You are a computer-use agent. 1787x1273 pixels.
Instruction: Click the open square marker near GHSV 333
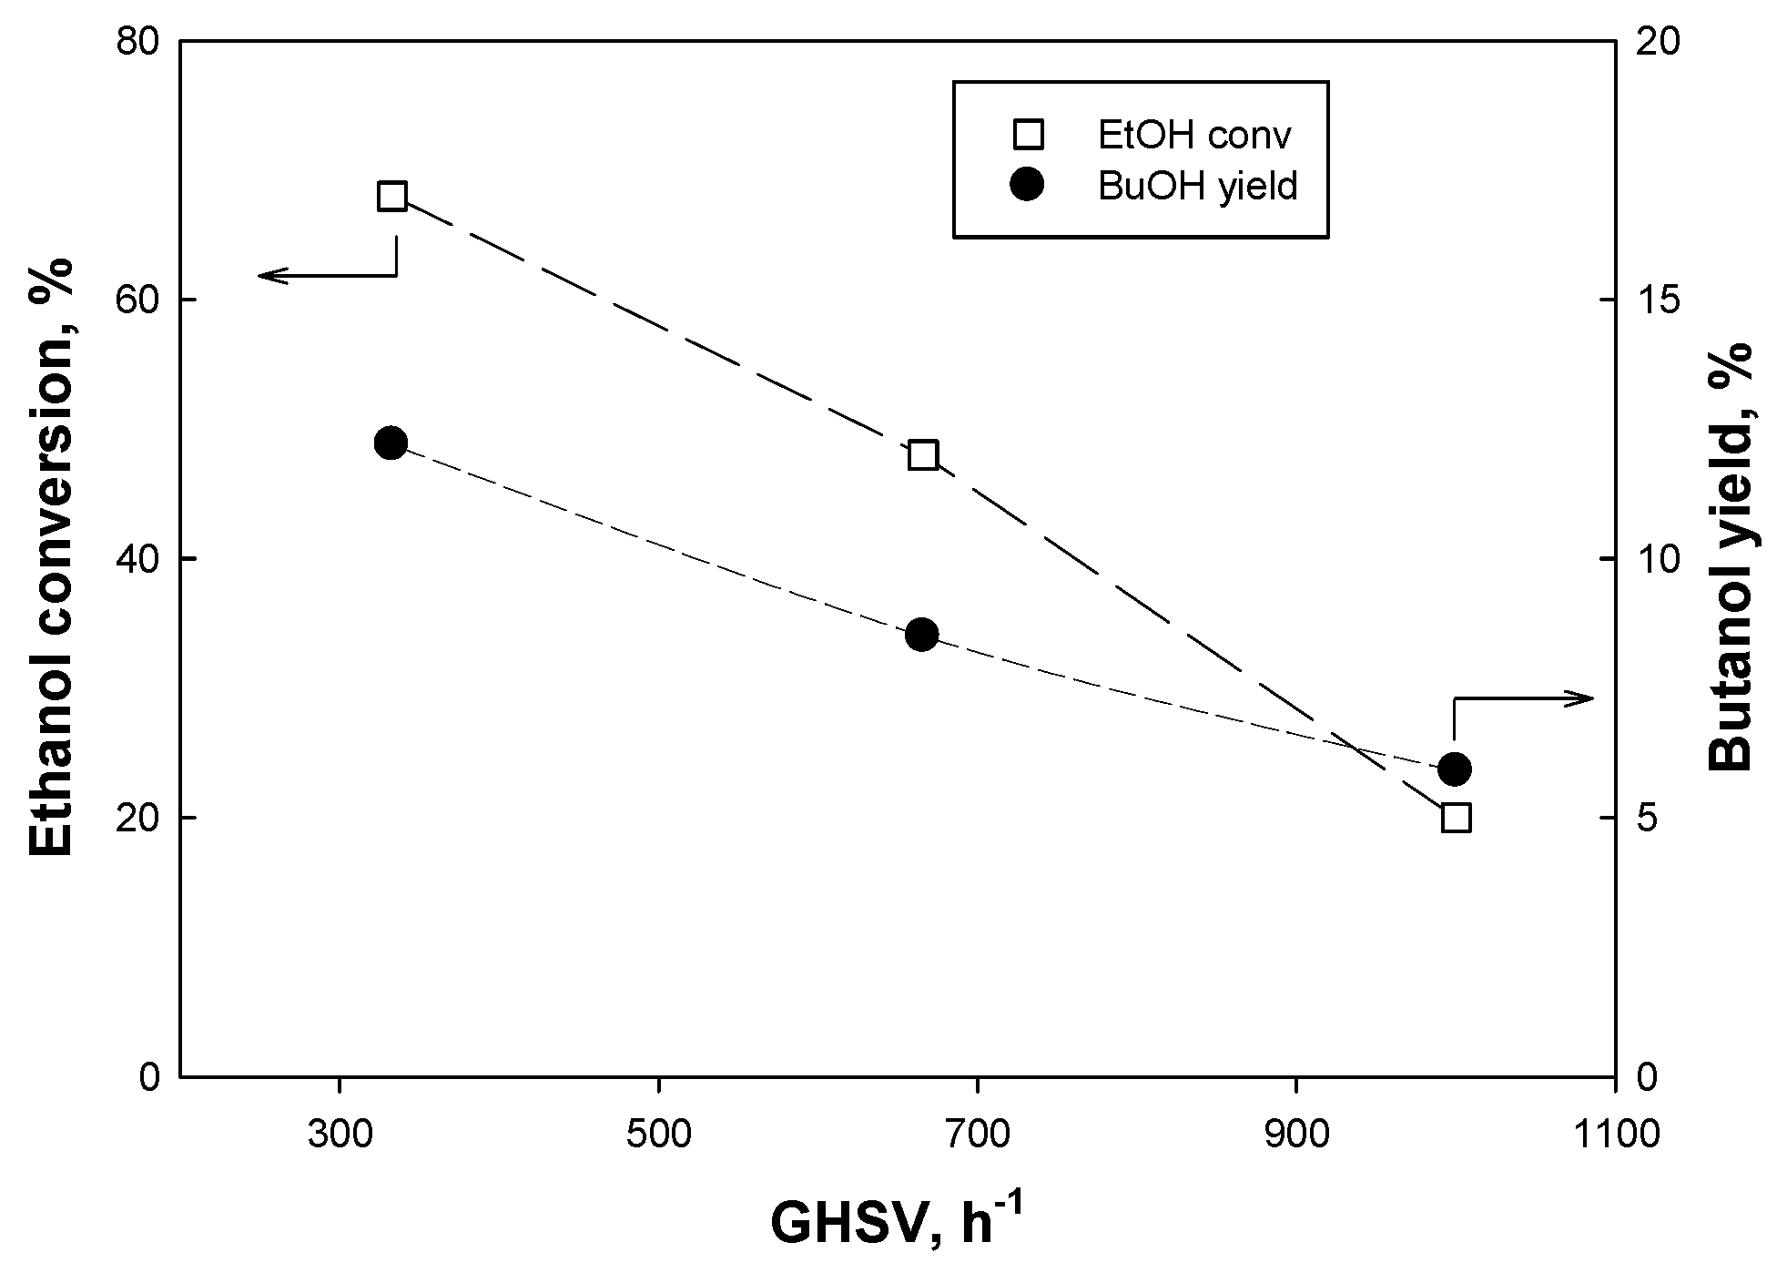(x=391, y=196)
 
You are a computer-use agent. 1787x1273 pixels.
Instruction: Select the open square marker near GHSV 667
(x=923, y=454)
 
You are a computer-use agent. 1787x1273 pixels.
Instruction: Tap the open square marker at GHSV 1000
(x=1456, y=818)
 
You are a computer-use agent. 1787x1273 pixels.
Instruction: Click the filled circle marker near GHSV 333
(x=391, y=443)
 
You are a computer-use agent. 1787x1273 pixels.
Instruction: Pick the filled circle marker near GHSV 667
(x=922, y=635)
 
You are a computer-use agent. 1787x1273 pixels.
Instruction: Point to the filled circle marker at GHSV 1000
(x=1455, y=769)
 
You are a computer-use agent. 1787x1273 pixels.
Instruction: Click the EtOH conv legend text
(x=1195, y=135)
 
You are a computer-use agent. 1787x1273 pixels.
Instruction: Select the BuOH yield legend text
(x=1197, y=186)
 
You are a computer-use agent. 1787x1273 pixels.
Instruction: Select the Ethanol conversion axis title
(x=52, y=557)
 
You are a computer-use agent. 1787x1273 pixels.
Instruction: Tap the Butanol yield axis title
(x=1730, y=557)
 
